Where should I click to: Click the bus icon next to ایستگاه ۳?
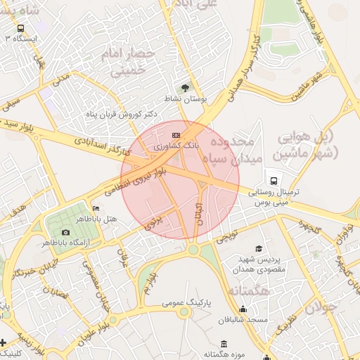[x=20, y=29]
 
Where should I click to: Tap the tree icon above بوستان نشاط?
[x=185, y=88]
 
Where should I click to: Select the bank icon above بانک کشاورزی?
[x=176, y=135]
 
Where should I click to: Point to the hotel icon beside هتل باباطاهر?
[x=96, y=209]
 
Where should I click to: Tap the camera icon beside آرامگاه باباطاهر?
[x=65, y=232]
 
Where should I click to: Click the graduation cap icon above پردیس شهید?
[x=259, y=249]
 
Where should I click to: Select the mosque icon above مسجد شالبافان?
[x=243, y=308]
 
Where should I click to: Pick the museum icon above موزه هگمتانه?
[x=224, y=343]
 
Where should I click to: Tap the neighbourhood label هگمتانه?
[x=248, y=289]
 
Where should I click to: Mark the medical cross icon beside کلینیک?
[x=4, y=343]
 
